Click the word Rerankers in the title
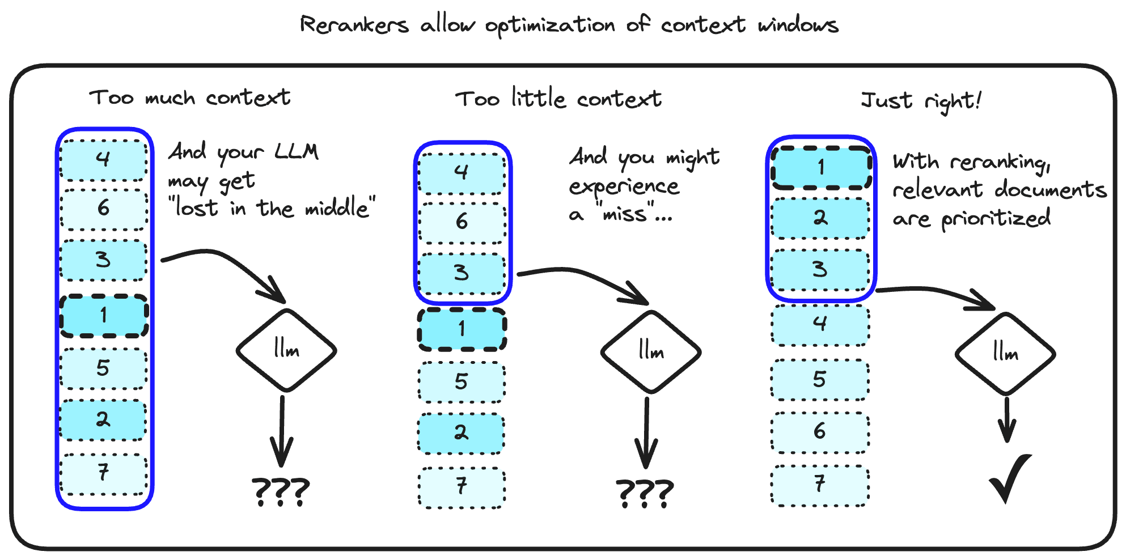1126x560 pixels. (x=354, y=25)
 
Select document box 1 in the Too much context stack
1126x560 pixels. (x=104, y=316)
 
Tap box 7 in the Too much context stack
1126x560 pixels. (x=104, y=473)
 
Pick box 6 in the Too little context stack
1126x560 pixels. (x=462, y=222)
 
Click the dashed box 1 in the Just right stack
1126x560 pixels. (x=820, y=168)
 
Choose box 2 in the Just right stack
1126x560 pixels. (x=820, y=218)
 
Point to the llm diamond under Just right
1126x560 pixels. (x=1005, y=354)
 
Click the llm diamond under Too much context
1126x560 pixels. (x=286, y=350)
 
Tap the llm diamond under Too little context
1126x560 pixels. (x=651, y=351)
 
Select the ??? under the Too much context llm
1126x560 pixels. (x=281, y=491)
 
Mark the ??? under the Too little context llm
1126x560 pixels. (x=645, y=493)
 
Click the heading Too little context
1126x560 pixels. (x=558, y=99)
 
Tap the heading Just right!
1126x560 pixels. (x=920, y=101)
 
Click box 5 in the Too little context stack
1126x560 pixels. (x=462, y=382)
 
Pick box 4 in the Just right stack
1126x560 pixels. (x=820, y=324)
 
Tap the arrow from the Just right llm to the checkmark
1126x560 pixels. (x=1007, y=419)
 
